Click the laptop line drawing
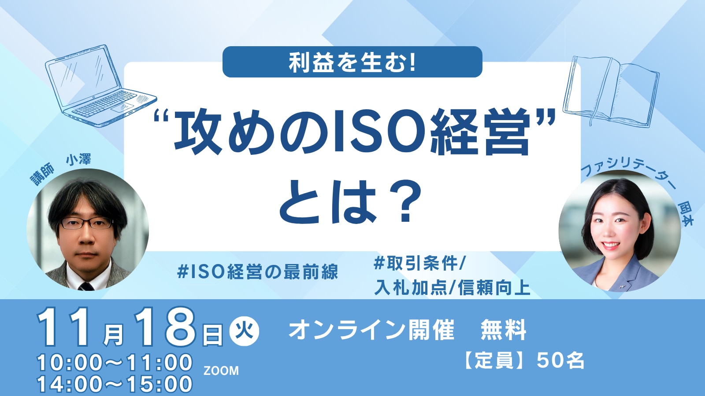pyautogui.click(x=101, y=86)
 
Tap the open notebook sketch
pyautogui.click(x=611, y=91)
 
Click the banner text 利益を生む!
pyautogui.click(x=352, y=62)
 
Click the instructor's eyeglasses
pyautogui.click(x=86, y=223)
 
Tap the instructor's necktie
pyautogui.click(x=85, y=286)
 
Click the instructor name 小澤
pyautogui.click(x=78, y=160)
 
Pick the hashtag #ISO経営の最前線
pyautogui.click(x=257, y=272)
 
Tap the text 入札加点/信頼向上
pyautogui.click(x=452, y=288)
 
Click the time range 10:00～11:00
pyautogui.click(x=115, y=363)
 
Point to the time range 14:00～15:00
pyautogui.click(x=115, y=384)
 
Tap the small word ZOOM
pyautogui.click(x=221, y=371)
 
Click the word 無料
pyautogui.click(x=503, y=330)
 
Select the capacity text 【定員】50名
pyautogui.click(x=523, y=360)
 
